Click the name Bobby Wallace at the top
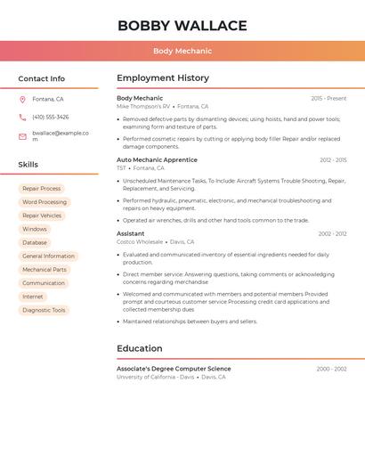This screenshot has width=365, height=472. (x=182, y=25)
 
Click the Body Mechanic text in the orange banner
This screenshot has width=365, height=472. (x=182, y=52)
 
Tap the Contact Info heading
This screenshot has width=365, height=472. (x=41, y=78)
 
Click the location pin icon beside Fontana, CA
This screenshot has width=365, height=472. (x=22, y=100)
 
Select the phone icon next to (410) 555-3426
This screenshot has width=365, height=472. (x=22, y=118)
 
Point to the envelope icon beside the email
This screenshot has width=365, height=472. (x=22, y=136)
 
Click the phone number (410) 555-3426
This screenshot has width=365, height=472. (x=50, y=118)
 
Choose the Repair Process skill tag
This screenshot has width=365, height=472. (x=42, y=189)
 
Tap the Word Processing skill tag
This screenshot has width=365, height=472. (x=45, y=202)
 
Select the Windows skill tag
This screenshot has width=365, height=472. (x=35, y=229)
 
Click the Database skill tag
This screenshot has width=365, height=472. (x=35, y=242)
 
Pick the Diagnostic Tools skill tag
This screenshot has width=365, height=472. (x=44, y=310)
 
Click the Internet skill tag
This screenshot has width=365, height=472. (x=33, y=297)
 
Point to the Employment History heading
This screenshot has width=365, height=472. (x=163, y=78)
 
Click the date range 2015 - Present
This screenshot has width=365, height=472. (x=328, y=98)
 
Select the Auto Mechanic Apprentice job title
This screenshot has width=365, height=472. (x=157, y=160)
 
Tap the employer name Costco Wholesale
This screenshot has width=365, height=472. (x=140, y=242)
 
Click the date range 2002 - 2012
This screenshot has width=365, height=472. (x=332, y=234)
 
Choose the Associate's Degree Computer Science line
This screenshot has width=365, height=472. (x=174, y=369)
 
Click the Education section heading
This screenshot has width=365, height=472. (x=140, y=348)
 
